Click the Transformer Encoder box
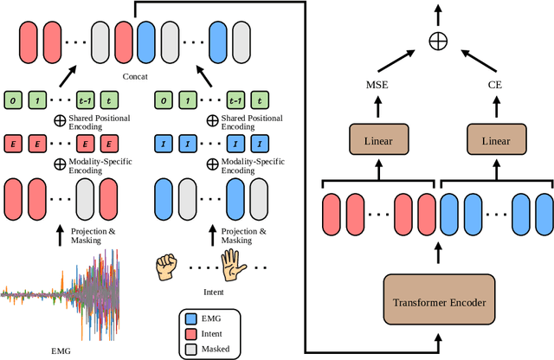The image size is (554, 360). point(439,302)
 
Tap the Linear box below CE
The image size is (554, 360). point(495,139)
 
